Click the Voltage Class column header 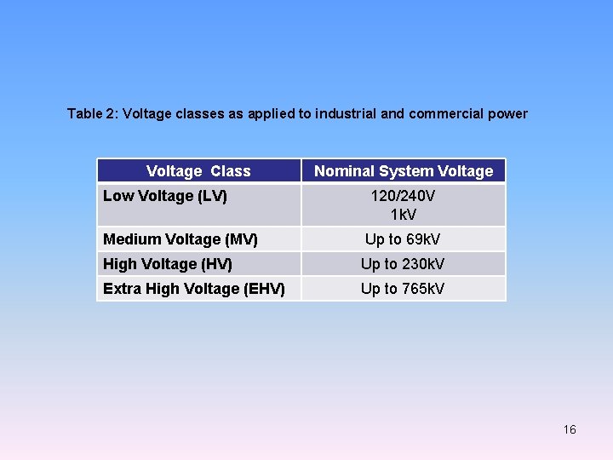(198, 171)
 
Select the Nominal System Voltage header (404, 171)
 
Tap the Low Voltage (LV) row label (165, 196)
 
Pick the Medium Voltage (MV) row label (180, 239)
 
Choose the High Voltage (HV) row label (168, 264)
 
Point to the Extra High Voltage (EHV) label (194, 289)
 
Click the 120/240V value (403, 196)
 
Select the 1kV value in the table (403, 214)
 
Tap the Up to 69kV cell (403, 239)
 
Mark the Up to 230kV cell (403, 264)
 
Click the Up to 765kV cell (403, 289)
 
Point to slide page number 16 (570, 429)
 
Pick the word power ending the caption (510, 113)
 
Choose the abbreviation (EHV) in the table (264, 289)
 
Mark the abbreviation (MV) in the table (242, 239)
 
